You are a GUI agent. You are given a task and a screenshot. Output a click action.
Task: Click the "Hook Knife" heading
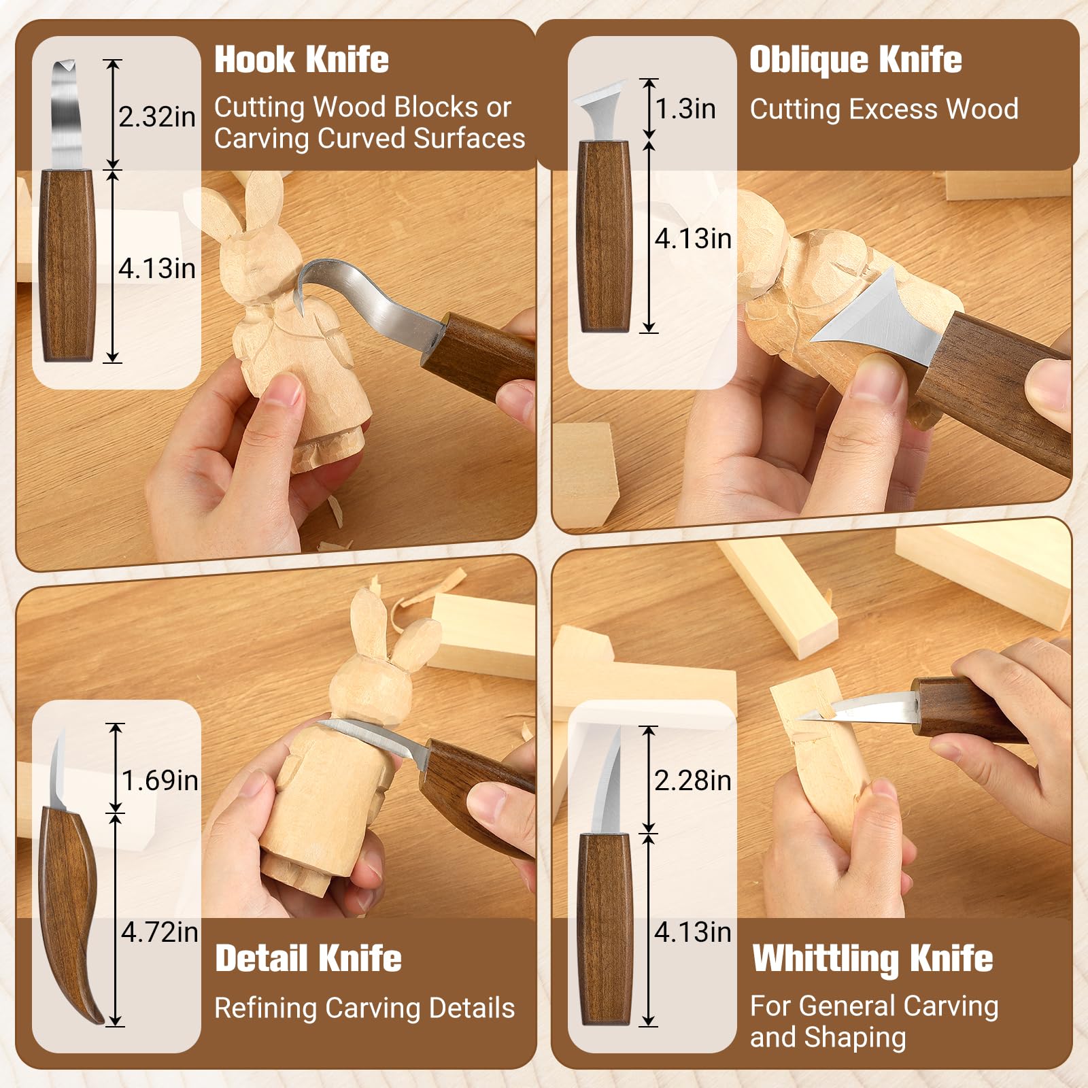click(301, 60)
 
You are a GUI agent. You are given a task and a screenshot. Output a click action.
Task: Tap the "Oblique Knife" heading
click(855, 60)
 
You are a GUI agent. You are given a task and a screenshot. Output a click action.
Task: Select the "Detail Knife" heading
click(308, 958)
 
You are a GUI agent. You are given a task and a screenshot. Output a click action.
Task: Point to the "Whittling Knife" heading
click(872, 959)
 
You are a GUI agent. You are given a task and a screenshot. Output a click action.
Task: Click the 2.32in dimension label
click(157, 117)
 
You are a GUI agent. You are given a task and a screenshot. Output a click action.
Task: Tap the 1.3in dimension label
click(685, 109)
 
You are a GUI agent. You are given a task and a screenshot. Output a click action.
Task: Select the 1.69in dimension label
click(160, 780)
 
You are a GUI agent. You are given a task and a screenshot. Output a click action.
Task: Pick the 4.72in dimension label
click(160, 932)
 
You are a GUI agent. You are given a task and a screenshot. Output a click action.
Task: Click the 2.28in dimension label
click(693, 780)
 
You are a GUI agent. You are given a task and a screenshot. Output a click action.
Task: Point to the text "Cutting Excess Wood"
click(884, 109)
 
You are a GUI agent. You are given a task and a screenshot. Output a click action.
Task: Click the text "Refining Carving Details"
click(364, 1008)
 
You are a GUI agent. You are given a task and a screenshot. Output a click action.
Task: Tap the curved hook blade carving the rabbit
click(367, 292)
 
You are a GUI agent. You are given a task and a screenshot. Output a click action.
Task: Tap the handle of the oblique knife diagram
click(604, 236)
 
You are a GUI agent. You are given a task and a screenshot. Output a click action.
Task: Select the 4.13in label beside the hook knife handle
click(157, 269)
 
